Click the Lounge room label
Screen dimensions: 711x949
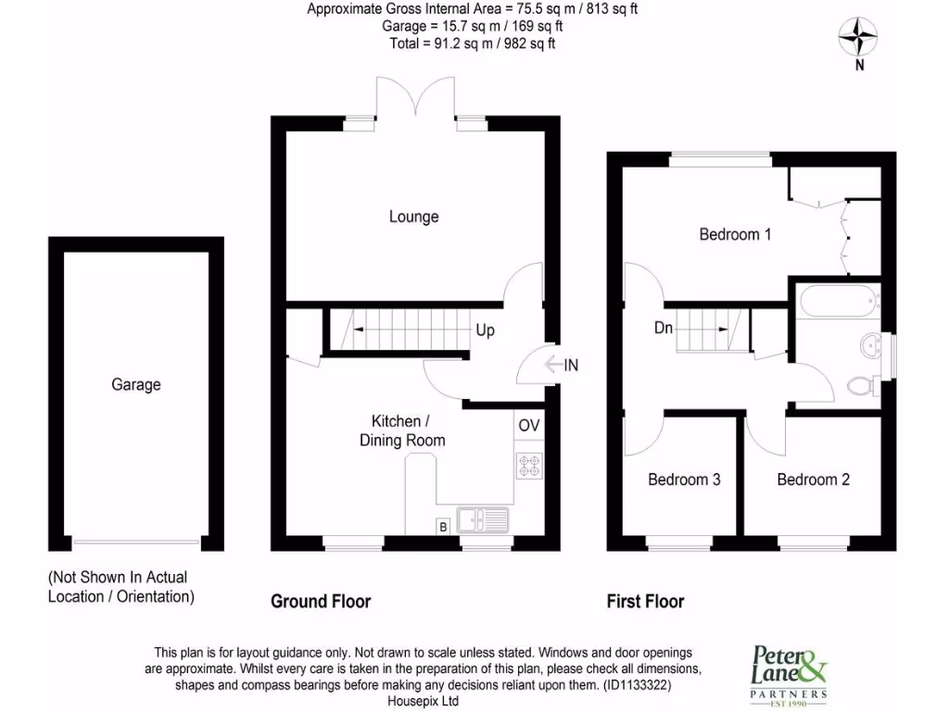click(x=413, y=217)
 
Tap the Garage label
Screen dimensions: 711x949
click(x=136, y=384)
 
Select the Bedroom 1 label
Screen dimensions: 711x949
click(x=735, y=234)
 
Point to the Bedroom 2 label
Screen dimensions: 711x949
click(x=813, y=480)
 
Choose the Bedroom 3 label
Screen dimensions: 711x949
click(x=684, y=480)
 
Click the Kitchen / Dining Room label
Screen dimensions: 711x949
click(x=402, y=430)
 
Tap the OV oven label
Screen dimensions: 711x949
click(x=529, y=426)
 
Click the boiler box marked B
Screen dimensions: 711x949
click(x=443, y=527)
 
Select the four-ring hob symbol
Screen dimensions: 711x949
click(x=529, y=464)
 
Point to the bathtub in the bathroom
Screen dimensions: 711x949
click(x=837, y=301)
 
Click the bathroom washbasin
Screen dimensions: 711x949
click(x=872, y=346)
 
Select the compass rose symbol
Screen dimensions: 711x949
click(x=859, y=37)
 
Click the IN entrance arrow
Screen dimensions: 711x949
click(x=562, y=366)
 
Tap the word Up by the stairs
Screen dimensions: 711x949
click(x=486, y=330)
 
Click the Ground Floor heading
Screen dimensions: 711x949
click(x=321, y=602)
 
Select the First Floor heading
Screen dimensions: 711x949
click(x=645, y=602)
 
